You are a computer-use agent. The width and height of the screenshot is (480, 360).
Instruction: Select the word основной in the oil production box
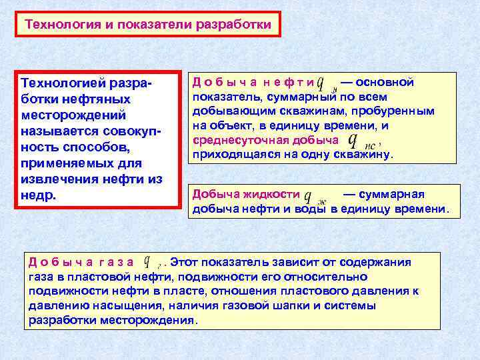pos(387,82)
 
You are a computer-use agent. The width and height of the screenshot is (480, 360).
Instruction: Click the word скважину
pos(366,155)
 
